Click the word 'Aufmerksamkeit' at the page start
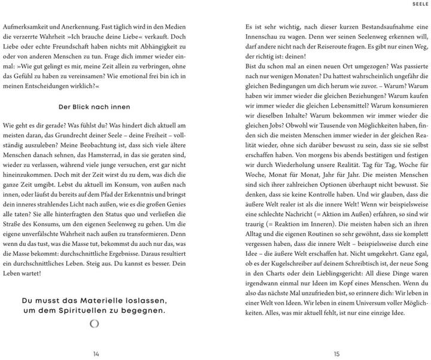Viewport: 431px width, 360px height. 31,28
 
